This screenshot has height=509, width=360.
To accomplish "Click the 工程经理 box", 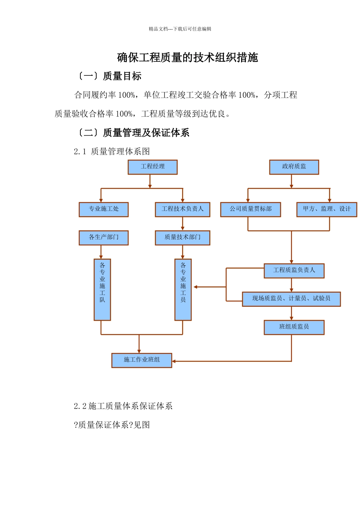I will pos(153,167).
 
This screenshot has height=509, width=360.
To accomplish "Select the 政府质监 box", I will pos(294,167).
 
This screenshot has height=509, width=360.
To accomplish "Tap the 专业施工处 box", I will pos(103,209).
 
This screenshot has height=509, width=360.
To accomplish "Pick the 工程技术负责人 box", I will pos(183,209).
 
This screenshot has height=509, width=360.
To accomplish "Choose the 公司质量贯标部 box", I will pos(250,209).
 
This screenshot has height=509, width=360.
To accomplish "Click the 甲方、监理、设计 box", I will pos(327,209).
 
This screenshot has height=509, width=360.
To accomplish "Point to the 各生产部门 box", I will pos(103,238).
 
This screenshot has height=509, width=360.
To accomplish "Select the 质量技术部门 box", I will pos(183,238).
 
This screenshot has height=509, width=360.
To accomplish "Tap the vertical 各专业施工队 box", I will pos(102,290).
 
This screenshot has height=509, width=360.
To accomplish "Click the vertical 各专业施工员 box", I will pos(183,290).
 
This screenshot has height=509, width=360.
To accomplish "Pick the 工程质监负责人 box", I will pos(294,271).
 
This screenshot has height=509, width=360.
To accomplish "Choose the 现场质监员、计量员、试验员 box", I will pos(291,299).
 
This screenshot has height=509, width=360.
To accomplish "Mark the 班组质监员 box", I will pos(294,328).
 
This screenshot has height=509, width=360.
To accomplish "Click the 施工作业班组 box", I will pos(142,360).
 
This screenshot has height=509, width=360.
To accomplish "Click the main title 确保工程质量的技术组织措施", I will pos(188,58).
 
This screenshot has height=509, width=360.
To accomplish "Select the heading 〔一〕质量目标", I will pos(109,76).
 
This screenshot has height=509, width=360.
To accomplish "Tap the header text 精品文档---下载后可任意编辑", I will pos(180,29).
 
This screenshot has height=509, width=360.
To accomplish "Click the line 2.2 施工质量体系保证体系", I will pos(123,406).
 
